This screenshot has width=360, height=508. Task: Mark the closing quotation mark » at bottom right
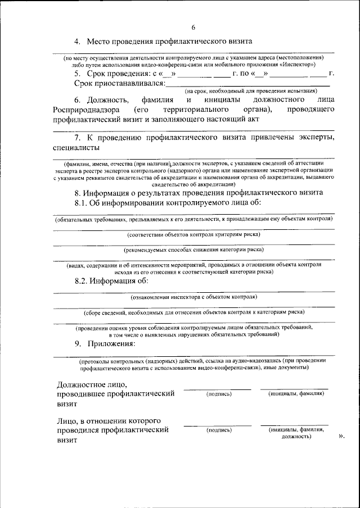pyautogui.click(x=341, y=436)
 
